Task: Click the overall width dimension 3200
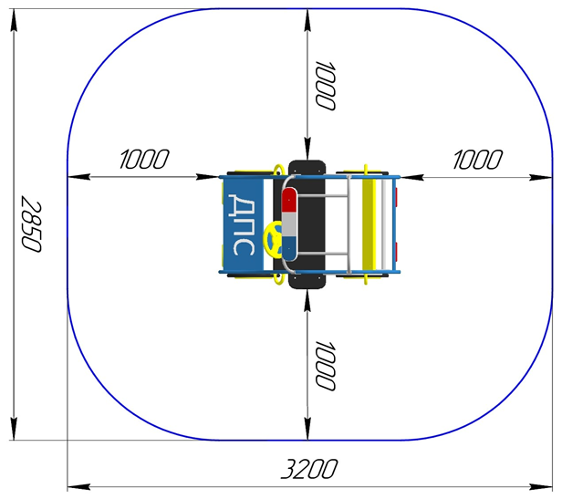(309, 469)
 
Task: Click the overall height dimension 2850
(31, 224)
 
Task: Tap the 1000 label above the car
(325, 86)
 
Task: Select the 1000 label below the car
(325, 365)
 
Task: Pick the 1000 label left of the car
(143, 159)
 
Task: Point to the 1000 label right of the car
(477, 159)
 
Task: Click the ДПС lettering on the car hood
(242, 224)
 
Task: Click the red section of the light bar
(289, 200)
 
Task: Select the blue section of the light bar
(289, 248)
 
